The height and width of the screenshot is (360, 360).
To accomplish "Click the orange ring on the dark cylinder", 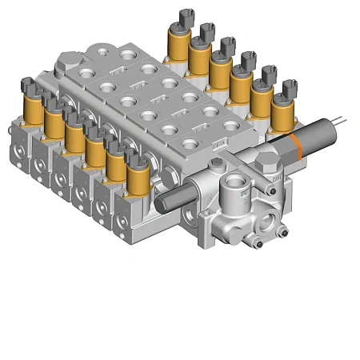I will tap(296, 144).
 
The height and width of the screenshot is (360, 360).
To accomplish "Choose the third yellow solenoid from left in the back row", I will tap(219, 70).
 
